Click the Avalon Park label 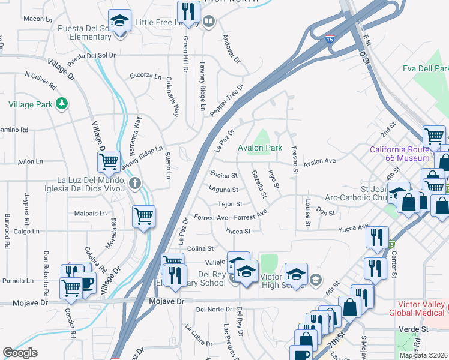(260, 148)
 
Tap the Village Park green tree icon (61, 104)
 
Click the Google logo (20, 353)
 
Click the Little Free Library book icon (209, 22)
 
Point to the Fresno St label (294, 160)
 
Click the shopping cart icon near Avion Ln (109, 161)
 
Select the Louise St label (307, 213)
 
